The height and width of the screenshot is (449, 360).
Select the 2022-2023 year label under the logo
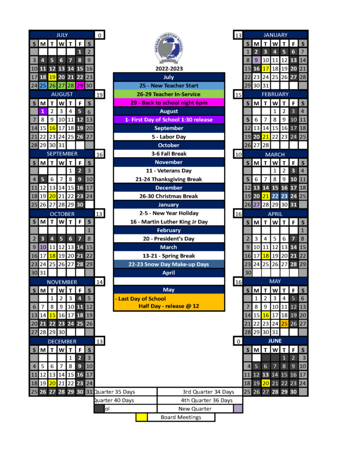click(169, 68)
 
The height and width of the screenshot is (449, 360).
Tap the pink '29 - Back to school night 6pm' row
click(169, 103)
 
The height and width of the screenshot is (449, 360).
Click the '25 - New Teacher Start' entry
click(169, 86)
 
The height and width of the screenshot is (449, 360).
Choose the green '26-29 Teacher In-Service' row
click(169, 94)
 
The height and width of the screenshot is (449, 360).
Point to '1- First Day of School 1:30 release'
click(169, 120)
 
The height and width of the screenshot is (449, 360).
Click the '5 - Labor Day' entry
click(169, 137)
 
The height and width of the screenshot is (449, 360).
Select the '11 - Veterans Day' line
click(169, 171)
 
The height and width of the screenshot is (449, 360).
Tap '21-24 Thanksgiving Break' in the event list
click(169, 179)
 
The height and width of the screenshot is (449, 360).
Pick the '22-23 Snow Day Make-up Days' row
click(169, 264)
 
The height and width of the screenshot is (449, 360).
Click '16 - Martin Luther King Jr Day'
click(169, 222)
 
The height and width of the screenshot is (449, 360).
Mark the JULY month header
click(62, 35)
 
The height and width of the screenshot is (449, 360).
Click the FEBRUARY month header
click(275, 94)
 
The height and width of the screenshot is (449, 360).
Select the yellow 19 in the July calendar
click(52, 77)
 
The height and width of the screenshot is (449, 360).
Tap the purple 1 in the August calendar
click(43, 111)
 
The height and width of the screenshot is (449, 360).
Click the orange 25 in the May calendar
click(284, 324)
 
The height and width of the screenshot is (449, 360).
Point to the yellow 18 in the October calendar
click(52, 256)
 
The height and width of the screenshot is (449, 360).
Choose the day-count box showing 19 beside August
click(100, 94)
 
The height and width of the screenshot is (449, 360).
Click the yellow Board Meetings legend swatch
click(141, 417)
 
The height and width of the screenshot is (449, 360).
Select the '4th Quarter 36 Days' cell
click(207, 400)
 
